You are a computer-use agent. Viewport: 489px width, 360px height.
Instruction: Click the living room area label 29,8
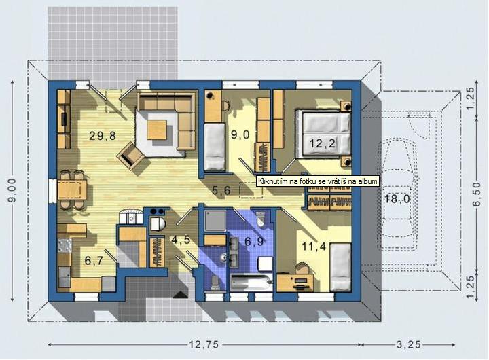coord(103,136)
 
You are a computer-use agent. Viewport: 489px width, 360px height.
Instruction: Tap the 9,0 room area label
coord(240,134)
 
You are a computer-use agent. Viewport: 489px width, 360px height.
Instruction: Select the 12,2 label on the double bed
coord(323,143)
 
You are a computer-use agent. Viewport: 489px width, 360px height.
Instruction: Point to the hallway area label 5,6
coord(221,190)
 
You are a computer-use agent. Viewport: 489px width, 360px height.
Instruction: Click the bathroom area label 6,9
coord(255,241)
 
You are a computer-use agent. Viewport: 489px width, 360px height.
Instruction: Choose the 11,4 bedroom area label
coord(314,247)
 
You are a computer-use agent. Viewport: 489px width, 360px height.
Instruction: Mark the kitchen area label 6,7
coord(94,260)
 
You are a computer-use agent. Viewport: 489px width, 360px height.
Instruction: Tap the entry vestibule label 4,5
coord(181,240)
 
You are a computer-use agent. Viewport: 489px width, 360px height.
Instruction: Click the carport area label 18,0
coord(397,199)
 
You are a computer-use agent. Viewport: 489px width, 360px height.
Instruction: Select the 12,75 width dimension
coord(204,344)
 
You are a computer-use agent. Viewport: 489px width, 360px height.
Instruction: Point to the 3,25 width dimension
coord(409,344)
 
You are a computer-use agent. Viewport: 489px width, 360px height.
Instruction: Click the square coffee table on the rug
coord(157,130)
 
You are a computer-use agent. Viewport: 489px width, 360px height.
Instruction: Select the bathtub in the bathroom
coord(251,283)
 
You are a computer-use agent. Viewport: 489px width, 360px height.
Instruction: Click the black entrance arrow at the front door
coord(181,294)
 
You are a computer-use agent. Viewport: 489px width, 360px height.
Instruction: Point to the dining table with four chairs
coord(72,190)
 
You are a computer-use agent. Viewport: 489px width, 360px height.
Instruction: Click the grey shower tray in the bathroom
coord(215,220)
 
